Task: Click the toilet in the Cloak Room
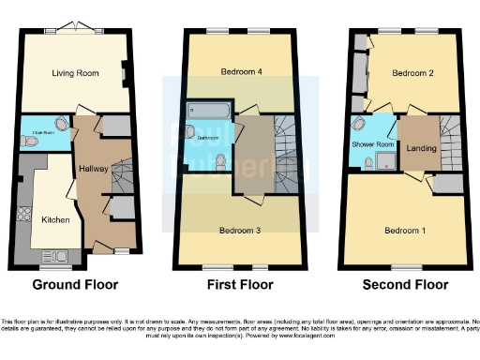pos(62,125)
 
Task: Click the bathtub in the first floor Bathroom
pos(202,110)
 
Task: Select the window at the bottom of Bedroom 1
pos(405,268)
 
